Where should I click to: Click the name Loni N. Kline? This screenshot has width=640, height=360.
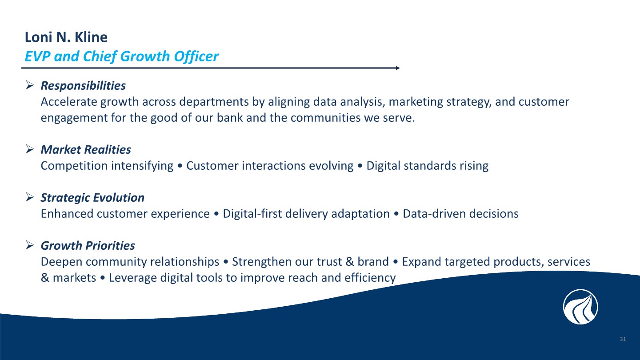(x=66, y=37)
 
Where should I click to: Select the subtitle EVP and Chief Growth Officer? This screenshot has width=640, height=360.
(x=122, y=56)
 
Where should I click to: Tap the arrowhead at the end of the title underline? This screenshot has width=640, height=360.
(x=398, y=68)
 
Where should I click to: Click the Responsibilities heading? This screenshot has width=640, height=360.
(x=83, y=86)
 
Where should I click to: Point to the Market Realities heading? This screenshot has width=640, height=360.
(x=86, y=150)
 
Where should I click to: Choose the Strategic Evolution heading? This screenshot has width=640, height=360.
(x=92, y=198)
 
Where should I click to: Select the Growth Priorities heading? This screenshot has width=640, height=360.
(x=88, y=246)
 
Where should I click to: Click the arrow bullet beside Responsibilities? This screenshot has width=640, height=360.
(x=30, y=85)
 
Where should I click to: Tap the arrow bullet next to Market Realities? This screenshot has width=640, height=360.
(x=30, y=149)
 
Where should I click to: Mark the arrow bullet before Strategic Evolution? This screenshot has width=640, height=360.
(x=30, y=197)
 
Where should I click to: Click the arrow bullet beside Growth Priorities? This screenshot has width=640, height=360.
(x=30, y=245)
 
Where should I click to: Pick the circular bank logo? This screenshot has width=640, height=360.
(x=580, y=307)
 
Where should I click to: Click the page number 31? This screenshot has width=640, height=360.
(x=623, y=339)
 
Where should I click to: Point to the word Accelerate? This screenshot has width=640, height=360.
(x=69, y=102)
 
